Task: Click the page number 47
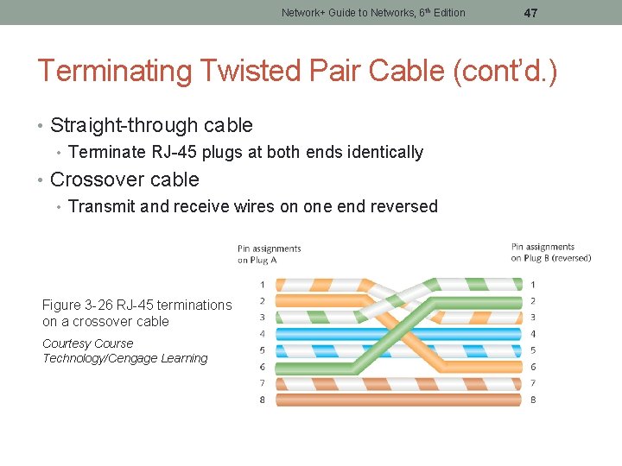(530, 13)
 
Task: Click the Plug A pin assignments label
(270, 254)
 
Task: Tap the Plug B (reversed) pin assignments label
(550, 252)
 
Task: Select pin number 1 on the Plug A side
(262, 284)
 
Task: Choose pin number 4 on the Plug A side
(262, 333)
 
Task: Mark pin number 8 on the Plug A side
(262, 400)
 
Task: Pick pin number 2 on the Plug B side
(533, 300)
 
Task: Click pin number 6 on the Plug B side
(533, 367)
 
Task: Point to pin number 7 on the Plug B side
(533, 383)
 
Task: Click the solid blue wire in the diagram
(397, 333)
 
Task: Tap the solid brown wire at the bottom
(397, 400)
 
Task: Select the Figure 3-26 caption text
(136, 313)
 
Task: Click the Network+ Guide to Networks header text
(373, 13)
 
